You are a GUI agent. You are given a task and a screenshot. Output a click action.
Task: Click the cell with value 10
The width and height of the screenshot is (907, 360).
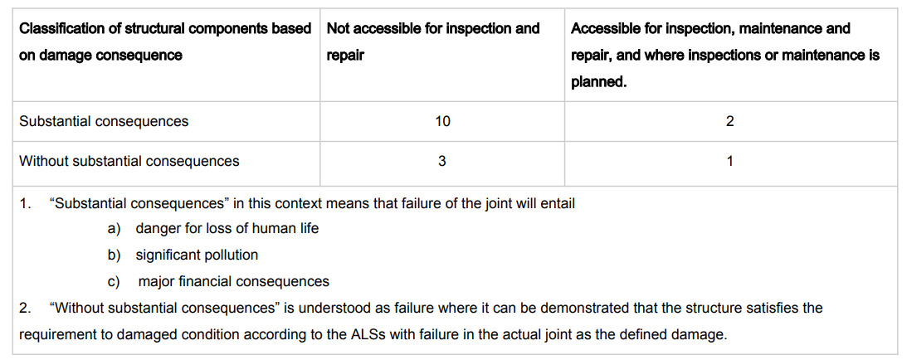pos(442,122)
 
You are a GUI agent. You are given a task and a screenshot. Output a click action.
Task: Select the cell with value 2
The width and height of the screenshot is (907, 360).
pos(730,122)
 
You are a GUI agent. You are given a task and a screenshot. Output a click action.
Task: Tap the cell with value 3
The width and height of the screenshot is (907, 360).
pos(442,161)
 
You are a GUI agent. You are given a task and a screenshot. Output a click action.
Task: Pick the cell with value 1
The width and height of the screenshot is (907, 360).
pos(730,161)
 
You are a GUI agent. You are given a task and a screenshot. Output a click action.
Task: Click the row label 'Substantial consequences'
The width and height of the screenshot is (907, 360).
pos(104,122)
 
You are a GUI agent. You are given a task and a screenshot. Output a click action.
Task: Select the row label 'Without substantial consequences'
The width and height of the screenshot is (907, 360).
pos(129,161)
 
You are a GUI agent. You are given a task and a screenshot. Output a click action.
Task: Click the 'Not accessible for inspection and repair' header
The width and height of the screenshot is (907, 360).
pos(433,42)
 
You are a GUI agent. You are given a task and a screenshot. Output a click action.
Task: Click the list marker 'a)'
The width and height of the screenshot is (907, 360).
pos(114,229)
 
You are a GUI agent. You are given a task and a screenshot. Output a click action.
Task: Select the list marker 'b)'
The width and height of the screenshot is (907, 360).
pos(114,255)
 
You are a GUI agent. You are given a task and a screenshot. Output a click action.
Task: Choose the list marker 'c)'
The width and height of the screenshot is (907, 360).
pos(114,282)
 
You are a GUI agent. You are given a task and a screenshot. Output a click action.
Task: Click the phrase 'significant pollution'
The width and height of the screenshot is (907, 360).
pos(197,255)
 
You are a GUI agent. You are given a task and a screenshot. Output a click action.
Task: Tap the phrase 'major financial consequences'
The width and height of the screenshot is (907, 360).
pos(234,281)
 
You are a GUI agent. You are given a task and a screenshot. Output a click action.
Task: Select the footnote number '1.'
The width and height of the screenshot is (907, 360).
pos(25,204)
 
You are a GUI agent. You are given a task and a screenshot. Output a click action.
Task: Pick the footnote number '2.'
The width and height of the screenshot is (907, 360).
pos(25,308)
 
